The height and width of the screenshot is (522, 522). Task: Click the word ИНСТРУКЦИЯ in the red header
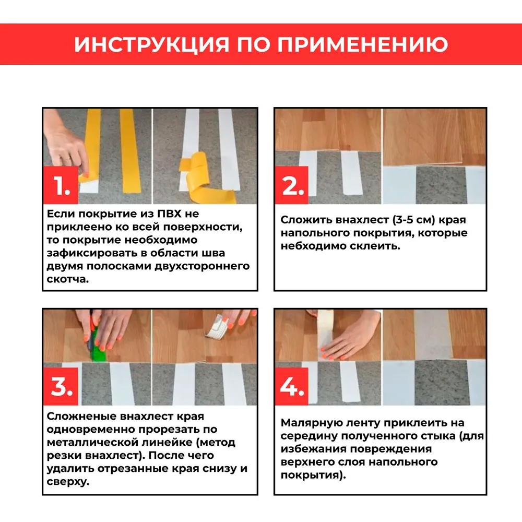[x=151, y=44]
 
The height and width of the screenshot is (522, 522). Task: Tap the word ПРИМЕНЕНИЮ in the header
[x=362, y=44]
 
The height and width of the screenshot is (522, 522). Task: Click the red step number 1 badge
[x=61, y=186]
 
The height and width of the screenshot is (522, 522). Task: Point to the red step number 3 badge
[x=61, y=387]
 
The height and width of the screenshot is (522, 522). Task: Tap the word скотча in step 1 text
[x=67, y=279]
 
